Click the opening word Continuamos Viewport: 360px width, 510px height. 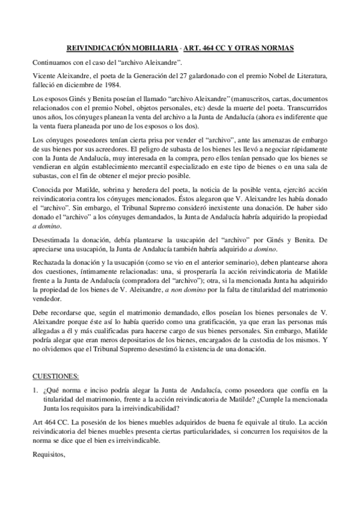55,63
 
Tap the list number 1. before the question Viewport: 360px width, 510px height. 35,391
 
